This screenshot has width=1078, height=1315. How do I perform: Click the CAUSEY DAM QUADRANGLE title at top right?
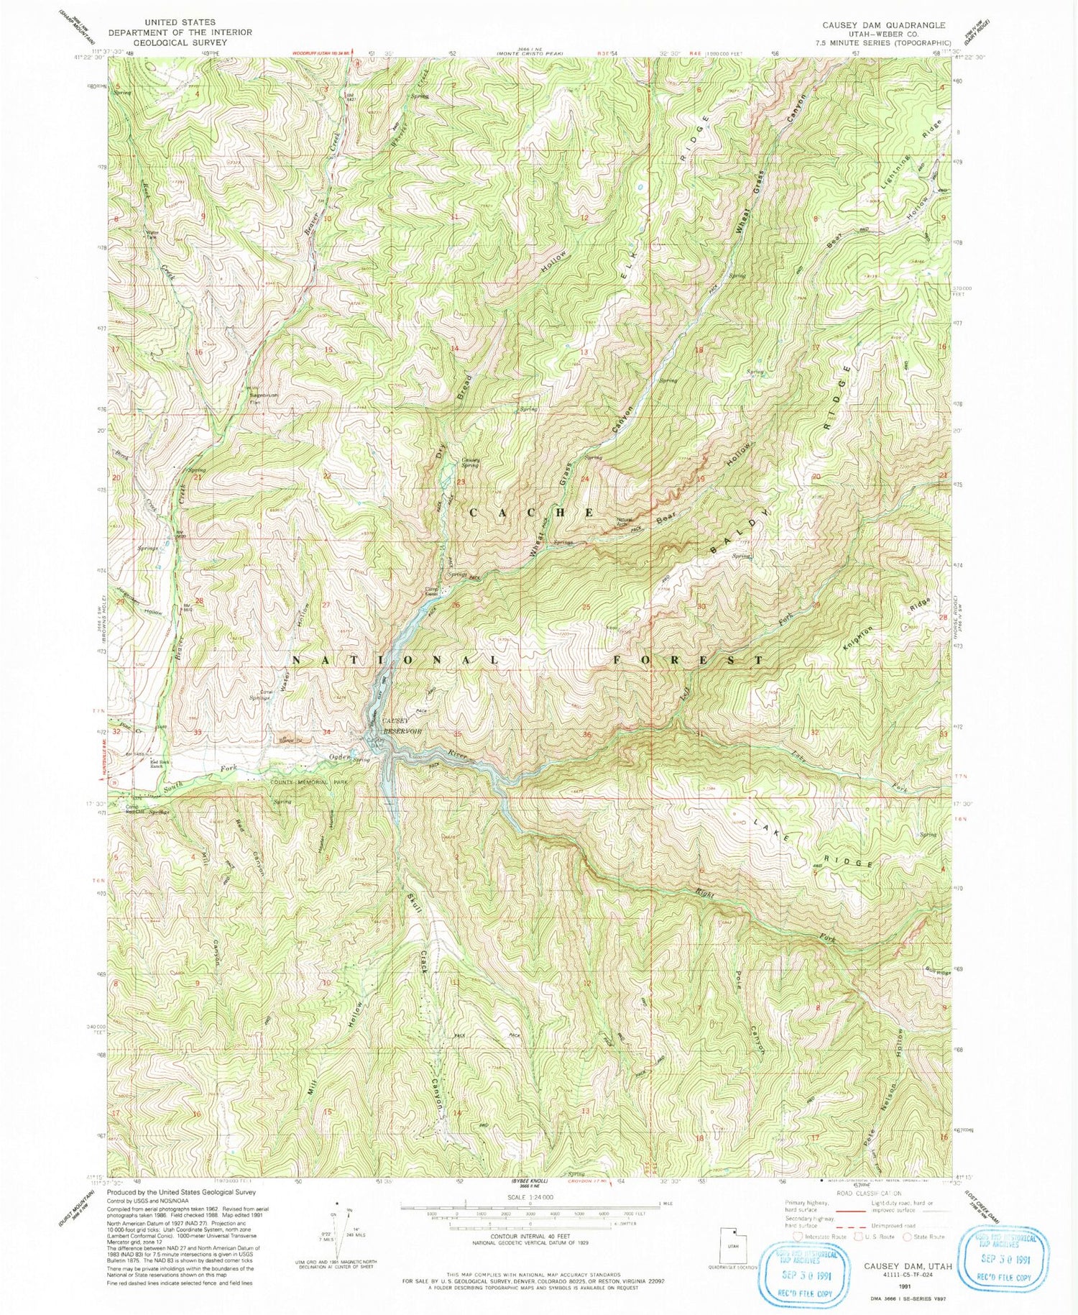(884, 24)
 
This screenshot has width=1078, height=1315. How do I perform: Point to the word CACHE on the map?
(532, 512)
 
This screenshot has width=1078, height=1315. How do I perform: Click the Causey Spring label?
(471, 462)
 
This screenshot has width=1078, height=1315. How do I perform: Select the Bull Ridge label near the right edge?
(938, 971)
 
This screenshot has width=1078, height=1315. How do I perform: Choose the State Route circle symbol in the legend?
(908, 1236)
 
